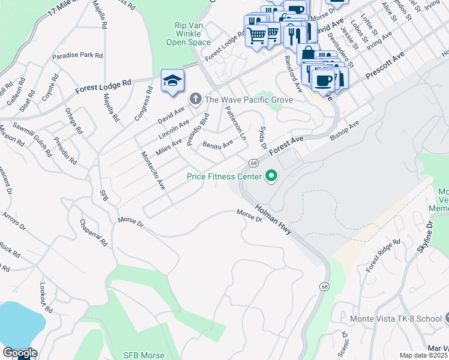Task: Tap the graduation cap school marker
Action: click(172, 82)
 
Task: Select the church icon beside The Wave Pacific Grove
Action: click(195, 99)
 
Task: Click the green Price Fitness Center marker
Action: click(271, 176)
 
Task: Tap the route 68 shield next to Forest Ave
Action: click(254, 163)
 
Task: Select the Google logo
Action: click(20, 353)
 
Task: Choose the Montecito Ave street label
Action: click(152, 171)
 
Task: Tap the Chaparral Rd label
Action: click(94, 233)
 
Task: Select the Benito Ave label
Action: click(217, 145)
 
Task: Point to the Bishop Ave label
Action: click(345, 131)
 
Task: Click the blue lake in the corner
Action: click(18, 324)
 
